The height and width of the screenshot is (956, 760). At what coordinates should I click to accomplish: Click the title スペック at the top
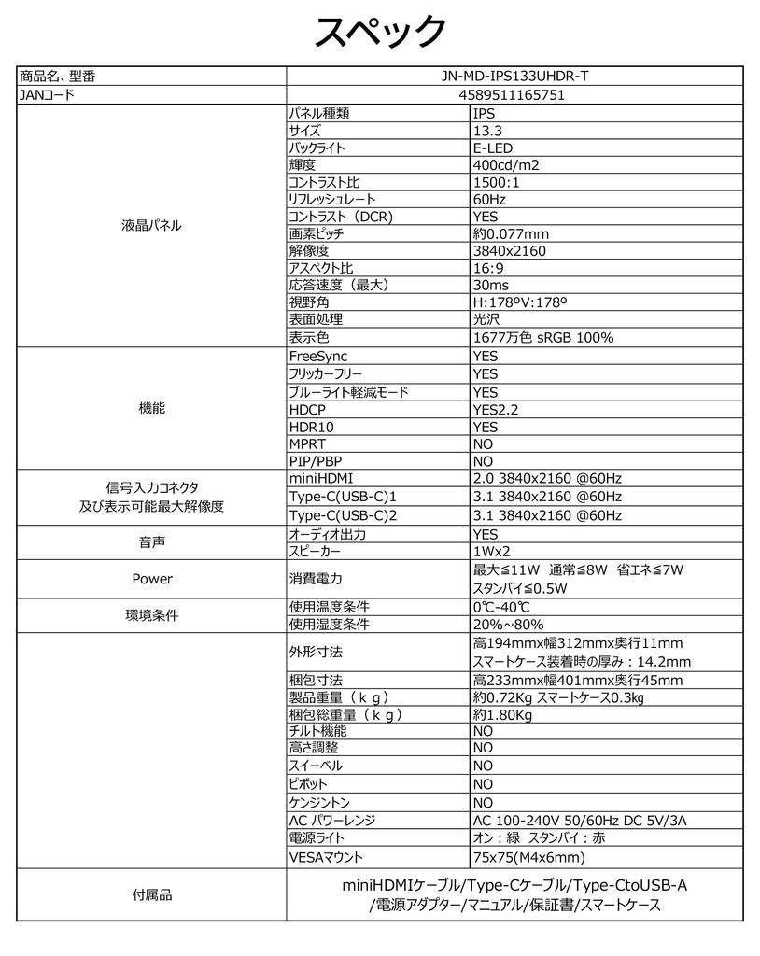(x=379, y=32)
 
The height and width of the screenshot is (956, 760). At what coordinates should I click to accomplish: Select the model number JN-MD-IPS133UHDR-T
(x=514, y=77)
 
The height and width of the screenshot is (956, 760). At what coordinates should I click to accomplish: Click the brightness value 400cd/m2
(x=506, y=165)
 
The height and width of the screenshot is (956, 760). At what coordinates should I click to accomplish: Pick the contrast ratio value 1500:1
(x=497, y=182)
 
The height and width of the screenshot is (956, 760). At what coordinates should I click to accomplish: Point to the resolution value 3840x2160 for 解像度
(x=510, y=250)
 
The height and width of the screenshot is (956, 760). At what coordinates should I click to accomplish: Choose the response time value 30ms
(x=491, y=285)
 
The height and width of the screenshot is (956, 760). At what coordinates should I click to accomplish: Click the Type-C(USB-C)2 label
(x=343, y=515)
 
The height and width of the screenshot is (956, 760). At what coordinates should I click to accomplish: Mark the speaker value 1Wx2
(x=491, y=551)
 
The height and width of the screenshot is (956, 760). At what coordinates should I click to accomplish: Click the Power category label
(x=152, y=579)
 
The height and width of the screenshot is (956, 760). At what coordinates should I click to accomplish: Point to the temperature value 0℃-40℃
(x=502, y=607)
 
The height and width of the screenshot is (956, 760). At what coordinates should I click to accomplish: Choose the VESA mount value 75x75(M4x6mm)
(x=529, y=857)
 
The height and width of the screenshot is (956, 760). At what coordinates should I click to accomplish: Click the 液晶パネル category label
(x=152, y=226)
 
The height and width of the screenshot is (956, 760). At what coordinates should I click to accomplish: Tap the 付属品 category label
(x=152, y=894)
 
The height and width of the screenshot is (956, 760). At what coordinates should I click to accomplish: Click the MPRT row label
(x=307, y=444)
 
